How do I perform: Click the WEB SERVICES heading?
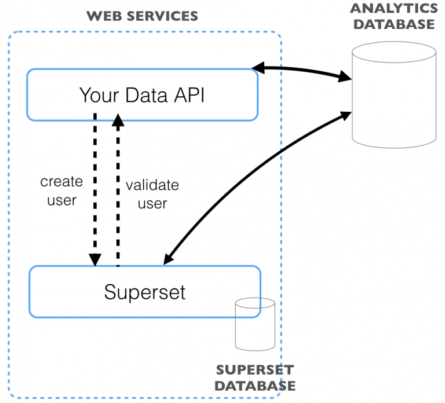click(x=142, y=16)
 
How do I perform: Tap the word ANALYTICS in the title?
click(x=394, y=8)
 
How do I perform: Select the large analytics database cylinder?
click(x=394, y=95)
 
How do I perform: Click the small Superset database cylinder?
click(x=255, y=324)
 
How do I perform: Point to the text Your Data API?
click(x=142, y=95)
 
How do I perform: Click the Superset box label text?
click(x=145, y=292)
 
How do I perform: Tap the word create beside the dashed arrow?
click(x=61, y=181)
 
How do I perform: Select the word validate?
click(x=152, y=185)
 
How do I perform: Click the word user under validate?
click(x=152, y=204)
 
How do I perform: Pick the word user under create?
click(x=62, y=200)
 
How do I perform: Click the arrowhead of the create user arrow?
click(x=95, y=259)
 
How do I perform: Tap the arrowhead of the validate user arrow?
click(x=118, y=120)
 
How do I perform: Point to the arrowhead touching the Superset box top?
click(x=169, y=259)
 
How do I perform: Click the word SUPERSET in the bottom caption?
click(x=255, y=370)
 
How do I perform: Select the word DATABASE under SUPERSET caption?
click(x=255, y=386)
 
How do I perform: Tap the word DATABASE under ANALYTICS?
click(x=394, y=24)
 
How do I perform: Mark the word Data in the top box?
click(x=146, y=95)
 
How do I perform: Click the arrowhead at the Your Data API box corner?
click(x=258, y=68)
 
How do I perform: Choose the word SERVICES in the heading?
click(x=162, y=16)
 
